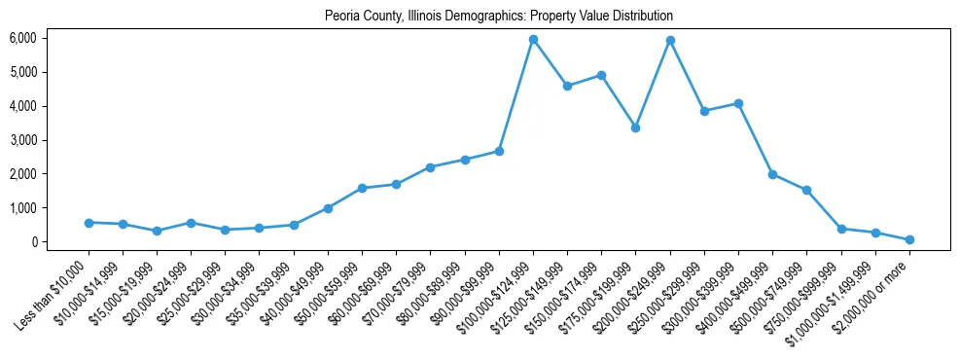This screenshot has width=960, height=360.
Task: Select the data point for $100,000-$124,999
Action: click(x=533, y=40)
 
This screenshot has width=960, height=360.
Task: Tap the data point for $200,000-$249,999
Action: click(x=670, y=41)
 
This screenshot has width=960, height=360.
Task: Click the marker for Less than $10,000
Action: click(x=89, y=223)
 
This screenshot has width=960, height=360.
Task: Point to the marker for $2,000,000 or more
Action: click(x=909, y=239)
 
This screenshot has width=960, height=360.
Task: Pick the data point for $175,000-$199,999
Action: click(x=635, y=127)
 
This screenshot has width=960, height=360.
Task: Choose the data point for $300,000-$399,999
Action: click(x=738, y=103)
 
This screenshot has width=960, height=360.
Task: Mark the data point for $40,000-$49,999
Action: click(x=328, y=208)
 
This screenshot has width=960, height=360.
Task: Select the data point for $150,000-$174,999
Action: click(x=601, y=75)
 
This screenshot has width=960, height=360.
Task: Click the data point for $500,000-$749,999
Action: click(x=806, y=190)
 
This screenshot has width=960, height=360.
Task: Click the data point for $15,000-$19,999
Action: click(x=157, y=231)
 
